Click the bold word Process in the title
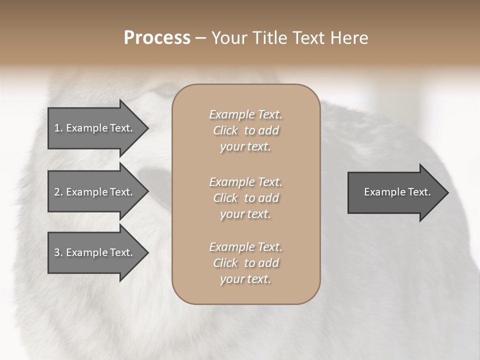point(157,38)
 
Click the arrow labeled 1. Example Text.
point(95,128)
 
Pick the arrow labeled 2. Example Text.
point(95,192)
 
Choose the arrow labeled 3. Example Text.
point(95,252)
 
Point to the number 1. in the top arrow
point(58,128)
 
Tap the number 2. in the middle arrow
point(58,192)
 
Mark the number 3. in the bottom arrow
point(58,252)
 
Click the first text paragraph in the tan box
point(245,130)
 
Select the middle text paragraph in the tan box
point(245,197)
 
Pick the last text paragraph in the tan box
point(245,263)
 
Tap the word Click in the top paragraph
point(225,130)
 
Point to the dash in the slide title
point(200,38)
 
